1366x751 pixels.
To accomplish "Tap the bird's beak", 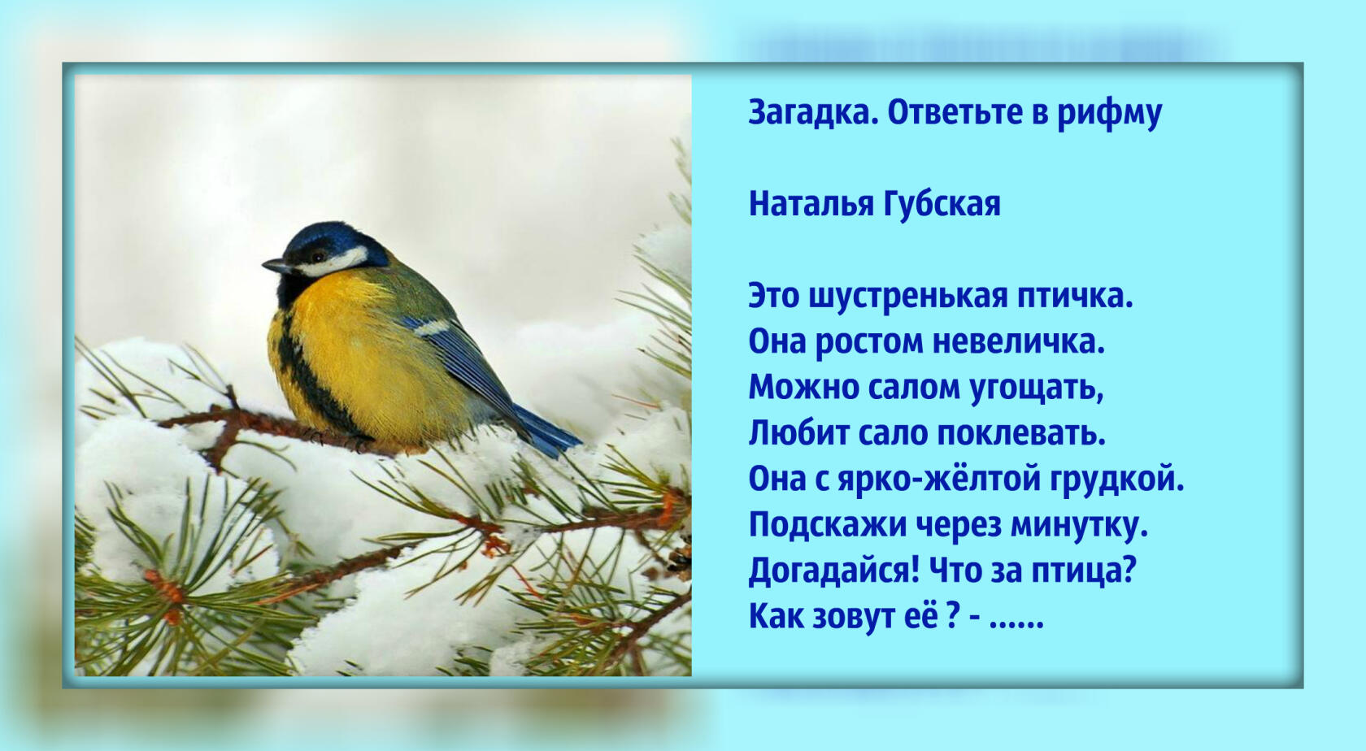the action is tap(276, 266).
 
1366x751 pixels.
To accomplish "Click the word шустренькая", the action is tap(908, 297).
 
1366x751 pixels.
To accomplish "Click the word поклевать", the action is tap(1021, 433).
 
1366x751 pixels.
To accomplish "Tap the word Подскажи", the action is tap(828, 525).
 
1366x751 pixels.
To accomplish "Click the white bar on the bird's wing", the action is tap(432, 328).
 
